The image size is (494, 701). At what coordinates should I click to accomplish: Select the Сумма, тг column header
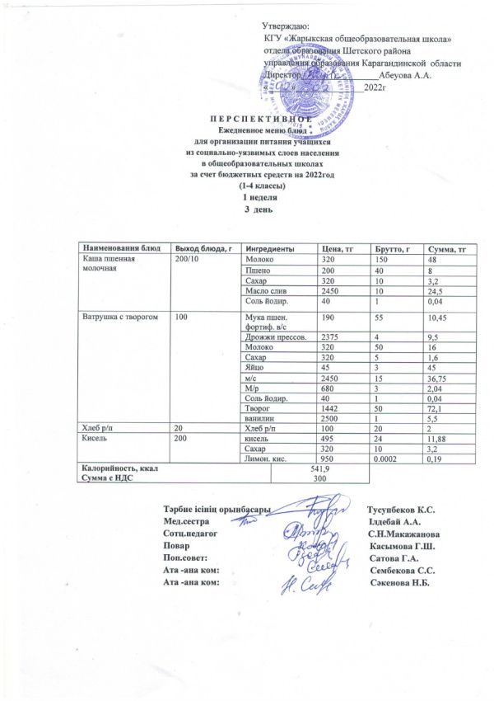coord(444,249)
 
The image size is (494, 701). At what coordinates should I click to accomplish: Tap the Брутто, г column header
coord(393,249)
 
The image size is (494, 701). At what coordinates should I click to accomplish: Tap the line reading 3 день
coord(247,207)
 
